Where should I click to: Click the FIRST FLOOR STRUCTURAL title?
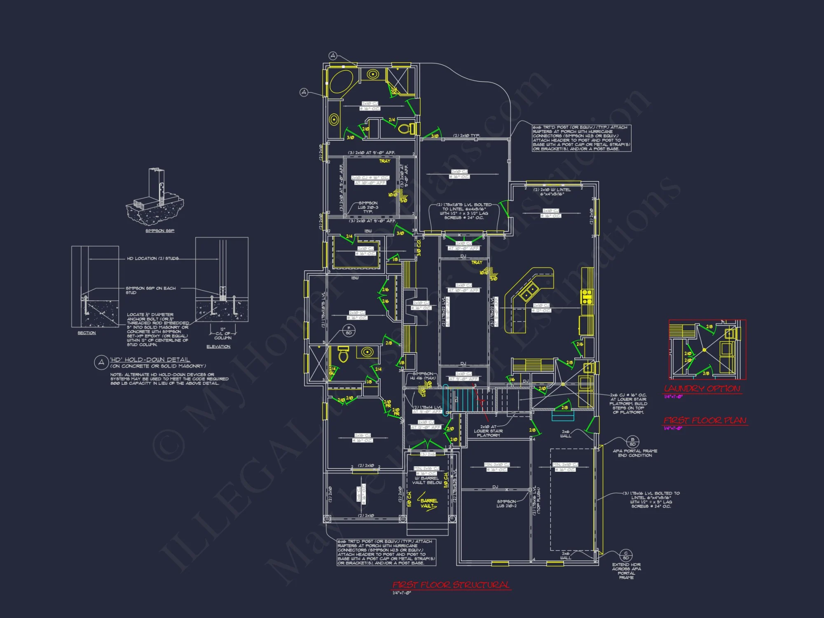coord(451,585)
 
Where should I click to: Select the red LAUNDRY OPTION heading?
coord(702,389)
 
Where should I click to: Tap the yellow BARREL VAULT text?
coord(429,503)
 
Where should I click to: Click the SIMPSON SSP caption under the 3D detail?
coord(160,231)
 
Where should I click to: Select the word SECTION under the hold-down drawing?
coord(87,333)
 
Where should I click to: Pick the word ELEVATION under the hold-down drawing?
coord(218,346)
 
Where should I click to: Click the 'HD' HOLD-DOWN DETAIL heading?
coord(150,360)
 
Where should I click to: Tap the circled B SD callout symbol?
coord(632,442)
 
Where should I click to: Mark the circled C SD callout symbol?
coord(626,555)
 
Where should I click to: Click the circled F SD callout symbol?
coord(349,330)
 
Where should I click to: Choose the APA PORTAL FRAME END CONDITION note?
coord(635,453)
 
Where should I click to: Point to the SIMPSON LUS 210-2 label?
coord(506,503)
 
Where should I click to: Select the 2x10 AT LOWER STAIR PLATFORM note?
coord(488,431)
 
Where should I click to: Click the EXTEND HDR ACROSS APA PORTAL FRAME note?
coord(626,571)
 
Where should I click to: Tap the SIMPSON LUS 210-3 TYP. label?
coord(368,207)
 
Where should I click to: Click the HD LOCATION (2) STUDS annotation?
coord(152,259)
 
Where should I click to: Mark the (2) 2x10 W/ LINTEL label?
coord(552,192)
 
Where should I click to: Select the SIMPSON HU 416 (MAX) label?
coord(423,376)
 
